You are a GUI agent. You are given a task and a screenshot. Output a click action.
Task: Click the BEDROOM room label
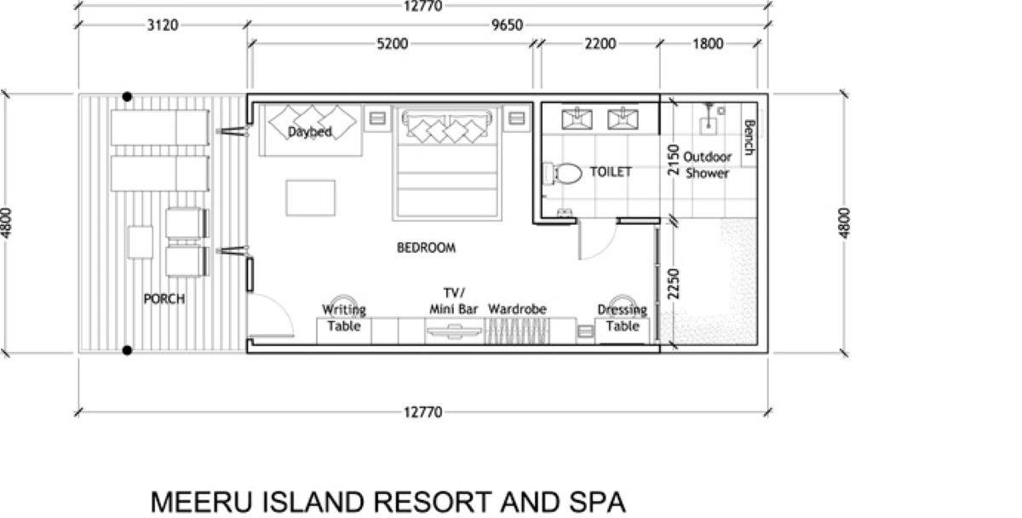(x=426, y=248)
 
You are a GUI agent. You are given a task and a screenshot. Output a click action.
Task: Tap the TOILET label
(x=611, y=172)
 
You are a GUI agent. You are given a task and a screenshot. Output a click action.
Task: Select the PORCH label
(x=164, y=299)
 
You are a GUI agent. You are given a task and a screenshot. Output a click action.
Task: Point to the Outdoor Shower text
(x=708, y=164)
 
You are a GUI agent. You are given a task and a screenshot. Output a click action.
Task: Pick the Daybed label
(x=309, y=132)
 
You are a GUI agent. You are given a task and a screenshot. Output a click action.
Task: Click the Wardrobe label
(x=517, y=309)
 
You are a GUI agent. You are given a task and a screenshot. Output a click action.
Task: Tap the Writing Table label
(x=344, y=318)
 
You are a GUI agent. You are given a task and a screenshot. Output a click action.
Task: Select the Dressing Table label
(x=622, y=318)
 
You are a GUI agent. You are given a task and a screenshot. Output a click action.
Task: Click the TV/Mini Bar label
(x=454, y=302)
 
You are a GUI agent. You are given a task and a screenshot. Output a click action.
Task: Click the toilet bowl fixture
(x=565, y=174)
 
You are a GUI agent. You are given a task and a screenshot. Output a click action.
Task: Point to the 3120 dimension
(x=162, y=25)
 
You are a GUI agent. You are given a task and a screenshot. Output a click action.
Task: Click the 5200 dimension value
(x=392, y=43)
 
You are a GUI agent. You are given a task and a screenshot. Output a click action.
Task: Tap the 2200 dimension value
(x=600, y=43)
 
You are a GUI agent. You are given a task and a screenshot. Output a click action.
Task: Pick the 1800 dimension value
(x=707, y=43)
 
